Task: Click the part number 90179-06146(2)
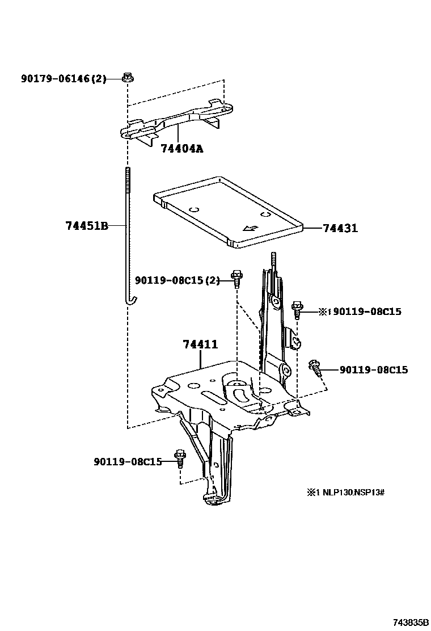coord(64,79)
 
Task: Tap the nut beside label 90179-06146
coord(128,78)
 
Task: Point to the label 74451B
coord(86,225)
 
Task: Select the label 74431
coord(340,228)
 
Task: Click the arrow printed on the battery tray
coord(249,228)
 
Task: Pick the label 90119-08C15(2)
coord(177,280)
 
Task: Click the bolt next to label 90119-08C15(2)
coord(236,278)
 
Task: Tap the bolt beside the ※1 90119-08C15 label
coord(297,310)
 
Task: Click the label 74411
coord(200,344)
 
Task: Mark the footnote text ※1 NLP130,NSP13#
coord(346,492)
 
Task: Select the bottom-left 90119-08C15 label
coord(128,461)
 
